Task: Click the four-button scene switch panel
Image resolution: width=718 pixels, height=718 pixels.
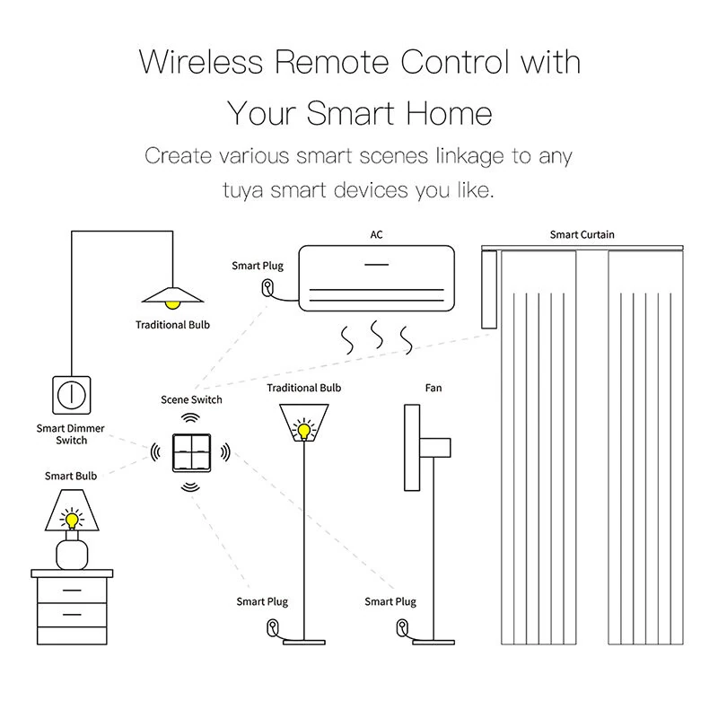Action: coord(191,453)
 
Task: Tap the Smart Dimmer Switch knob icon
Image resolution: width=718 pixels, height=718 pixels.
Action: coord(72,395)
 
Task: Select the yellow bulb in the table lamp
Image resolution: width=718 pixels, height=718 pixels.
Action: coord(72,521)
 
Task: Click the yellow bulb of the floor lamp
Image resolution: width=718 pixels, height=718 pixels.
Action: coord(303,431)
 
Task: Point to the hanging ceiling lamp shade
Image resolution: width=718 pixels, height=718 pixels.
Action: coord(172,295)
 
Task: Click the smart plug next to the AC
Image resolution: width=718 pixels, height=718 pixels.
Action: coord(267,288)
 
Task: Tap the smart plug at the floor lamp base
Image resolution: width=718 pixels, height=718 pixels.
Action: coord(273,627)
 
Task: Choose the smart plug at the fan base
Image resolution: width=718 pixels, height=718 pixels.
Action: coord(402,627)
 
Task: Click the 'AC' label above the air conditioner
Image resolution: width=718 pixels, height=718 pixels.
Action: coord(376,234)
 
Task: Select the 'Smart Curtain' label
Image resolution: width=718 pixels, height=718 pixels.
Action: coord(582,234)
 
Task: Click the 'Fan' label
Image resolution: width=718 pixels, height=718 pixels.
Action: coord(433,388)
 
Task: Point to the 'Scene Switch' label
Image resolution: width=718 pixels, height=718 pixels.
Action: coord(191,399)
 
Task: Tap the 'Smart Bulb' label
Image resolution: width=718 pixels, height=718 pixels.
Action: coord(71,476)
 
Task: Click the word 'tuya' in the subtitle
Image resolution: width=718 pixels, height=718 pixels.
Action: coord(242,190)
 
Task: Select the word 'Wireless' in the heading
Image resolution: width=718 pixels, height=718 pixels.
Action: coord(201,61)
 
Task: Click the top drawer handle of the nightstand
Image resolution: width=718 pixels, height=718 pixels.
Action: coord(72,591)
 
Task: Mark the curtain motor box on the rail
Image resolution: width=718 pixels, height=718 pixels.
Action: coord(489,289)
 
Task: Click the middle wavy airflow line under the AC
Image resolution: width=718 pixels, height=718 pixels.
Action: coord(377,334)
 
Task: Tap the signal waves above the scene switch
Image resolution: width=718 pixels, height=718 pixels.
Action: coord(190,418)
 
